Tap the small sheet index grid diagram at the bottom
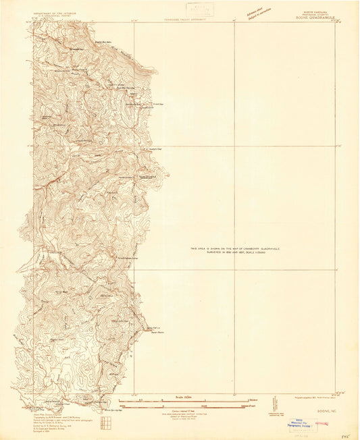103,422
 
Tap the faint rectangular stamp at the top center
201,9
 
